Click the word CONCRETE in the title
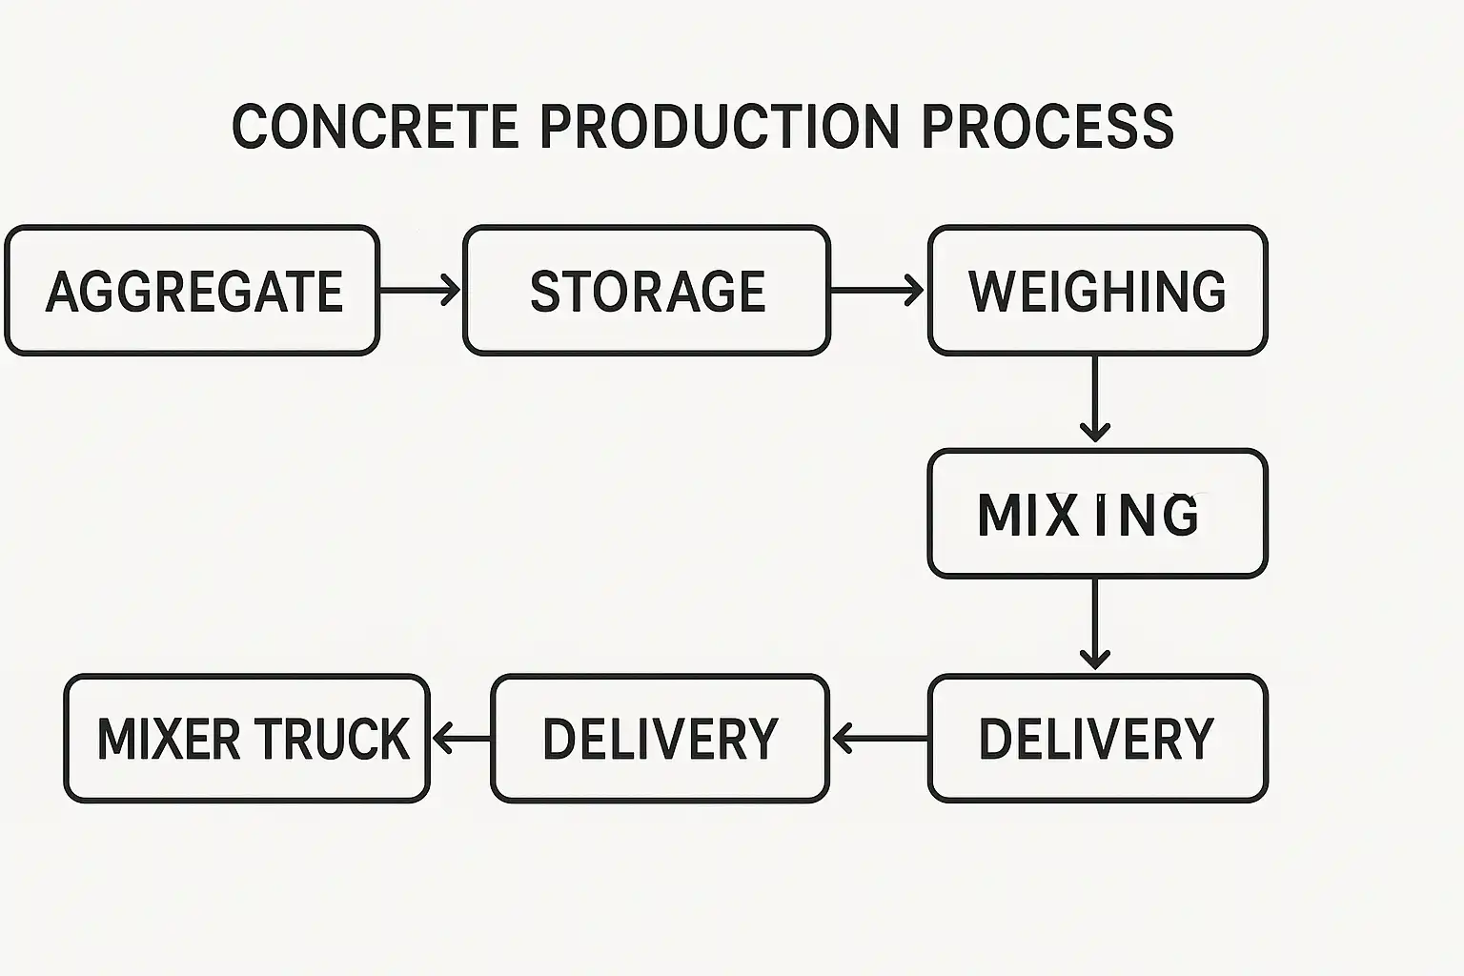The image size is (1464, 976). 376,127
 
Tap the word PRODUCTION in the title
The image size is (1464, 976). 720,127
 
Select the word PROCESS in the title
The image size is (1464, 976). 1047,127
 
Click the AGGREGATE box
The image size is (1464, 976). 193,291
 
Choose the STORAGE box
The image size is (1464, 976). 647,291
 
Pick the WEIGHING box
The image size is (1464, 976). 1097,291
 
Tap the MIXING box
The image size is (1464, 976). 1097,514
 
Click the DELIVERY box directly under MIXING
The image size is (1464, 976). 1097,739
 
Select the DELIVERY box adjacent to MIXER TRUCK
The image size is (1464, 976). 660,739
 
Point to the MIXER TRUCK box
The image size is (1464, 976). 247,739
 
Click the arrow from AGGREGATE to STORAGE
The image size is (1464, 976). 420,290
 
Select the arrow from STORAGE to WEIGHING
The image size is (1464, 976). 878,290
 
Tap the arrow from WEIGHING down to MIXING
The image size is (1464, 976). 1094,398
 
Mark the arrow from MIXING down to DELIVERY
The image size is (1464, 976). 1094,624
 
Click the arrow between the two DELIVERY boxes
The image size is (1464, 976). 880,738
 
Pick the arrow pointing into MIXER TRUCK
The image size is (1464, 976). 461,738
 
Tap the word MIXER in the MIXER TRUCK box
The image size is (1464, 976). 169,740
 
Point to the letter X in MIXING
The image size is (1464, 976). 1067,515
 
